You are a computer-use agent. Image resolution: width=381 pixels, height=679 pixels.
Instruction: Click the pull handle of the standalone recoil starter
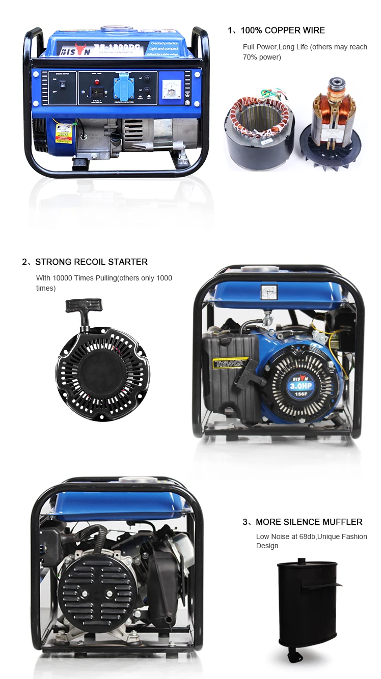click(84, 308)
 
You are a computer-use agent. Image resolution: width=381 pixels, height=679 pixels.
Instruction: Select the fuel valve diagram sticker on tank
click(267, 291)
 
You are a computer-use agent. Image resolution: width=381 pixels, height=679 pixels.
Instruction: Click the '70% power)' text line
click(261, 57)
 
